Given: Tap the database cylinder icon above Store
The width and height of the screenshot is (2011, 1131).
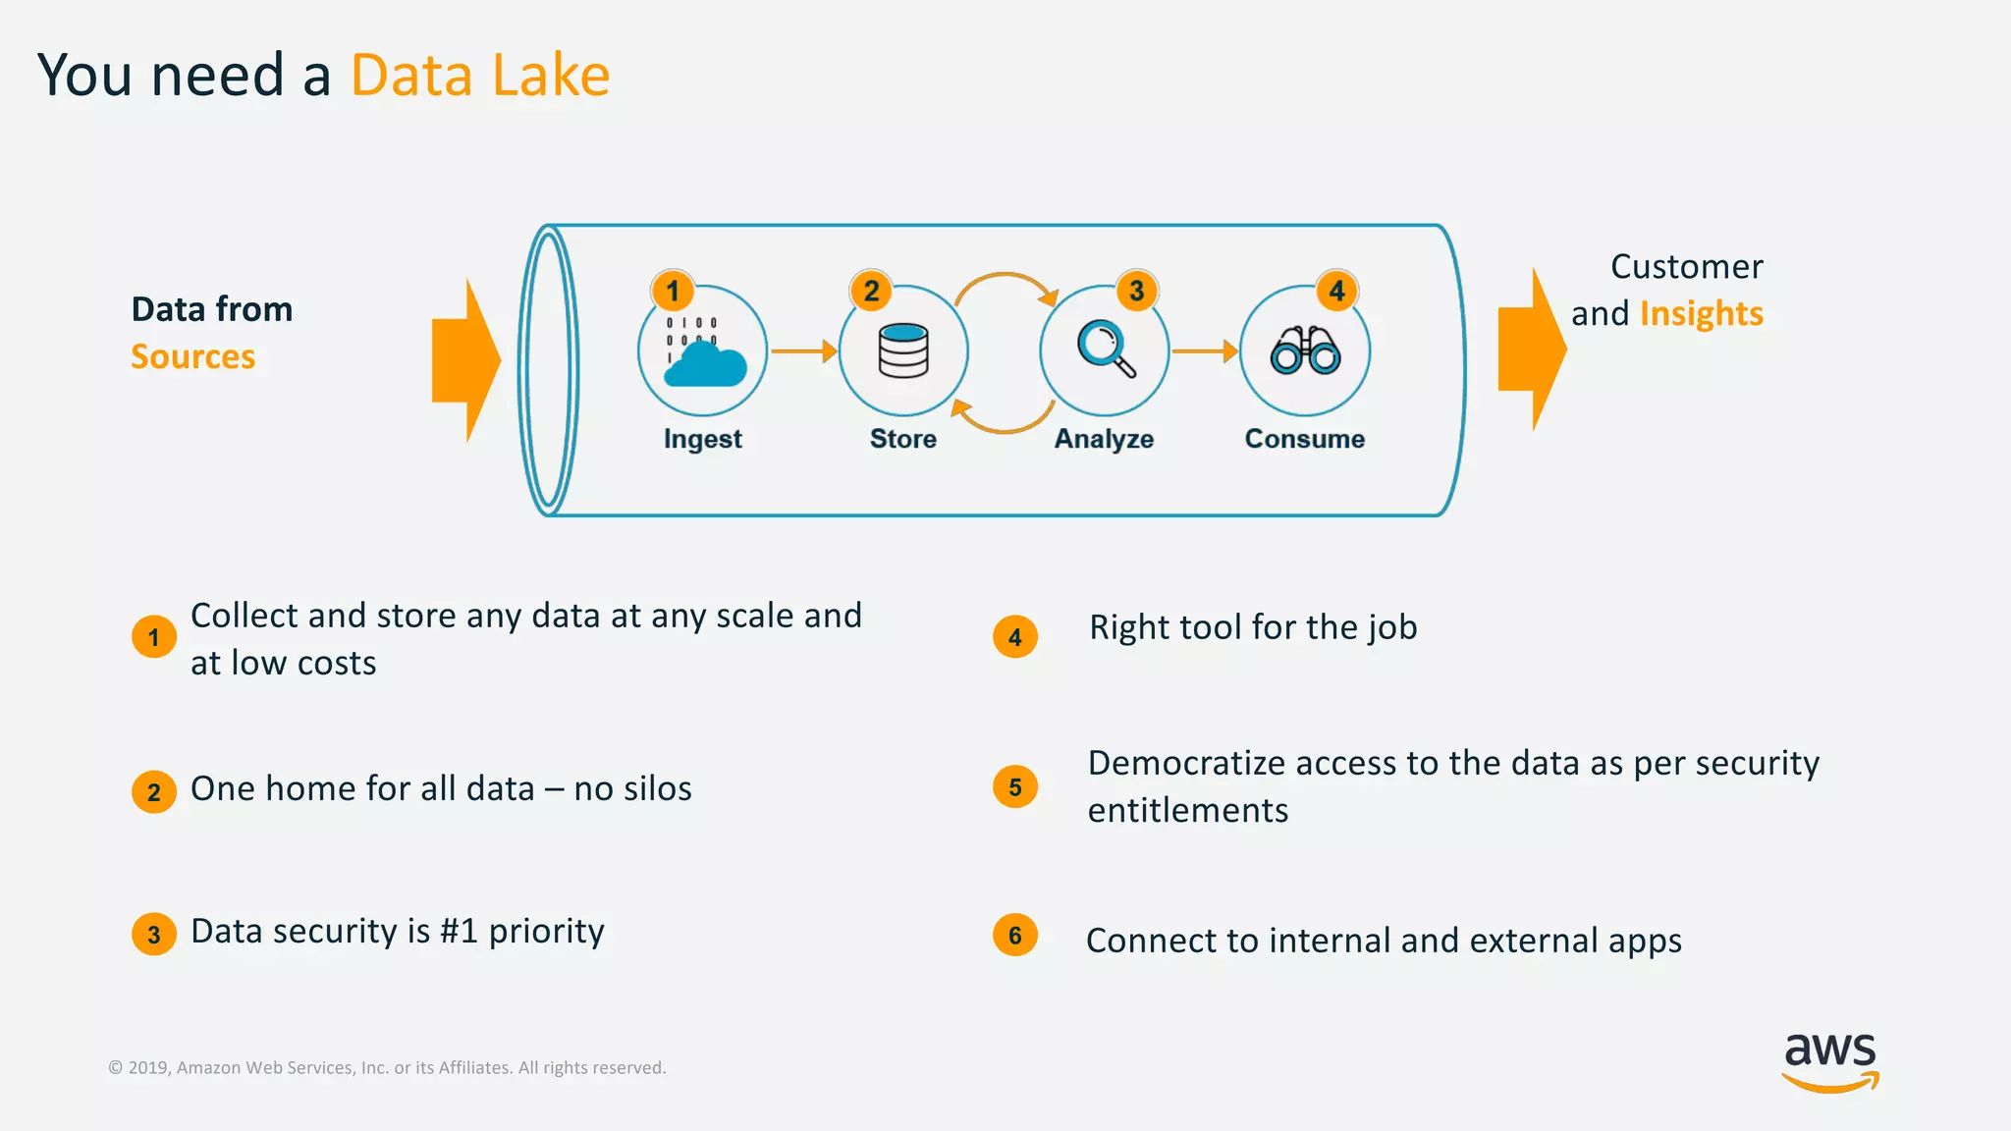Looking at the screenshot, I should pos(903,350).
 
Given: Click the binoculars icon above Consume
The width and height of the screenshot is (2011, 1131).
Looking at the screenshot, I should pos(1305,350).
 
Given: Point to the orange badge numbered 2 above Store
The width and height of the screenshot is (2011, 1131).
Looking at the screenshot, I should pos(871,291).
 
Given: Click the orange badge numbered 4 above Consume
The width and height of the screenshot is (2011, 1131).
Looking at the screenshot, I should pos(1336,291).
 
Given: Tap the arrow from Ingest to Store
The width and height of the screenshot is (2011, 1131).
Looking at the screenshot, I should pos(803,350).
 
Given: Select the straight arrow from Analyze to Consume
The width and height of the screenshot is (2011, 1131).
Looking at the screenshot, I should pos(1205,350).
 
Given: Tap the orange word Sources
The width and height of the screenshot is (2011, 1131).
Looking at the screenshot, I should pos(193,356).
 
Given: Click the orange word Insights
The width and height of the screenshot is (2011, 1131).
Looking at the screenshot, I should pos(1702,314).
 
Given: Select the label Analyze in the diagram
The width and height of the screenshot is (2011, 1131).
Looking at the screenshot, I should pos(1104,439).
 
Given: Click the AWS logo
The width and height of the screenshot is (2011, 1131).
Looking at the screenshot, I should pos(1830,1061).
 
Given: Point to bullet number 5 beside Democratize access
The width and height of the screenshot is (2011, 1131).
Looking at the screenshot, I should pos(1015,787).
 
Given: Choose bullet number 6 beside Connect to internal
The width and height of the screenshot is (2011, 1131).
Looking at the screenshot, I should pos(1015,936).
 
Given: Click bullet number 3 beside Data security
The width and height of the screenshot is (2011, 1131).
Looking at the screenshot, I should pos(154,935).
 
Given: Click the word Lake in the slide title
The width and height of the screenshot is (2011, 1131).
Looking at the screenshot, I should pos(551,76).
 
